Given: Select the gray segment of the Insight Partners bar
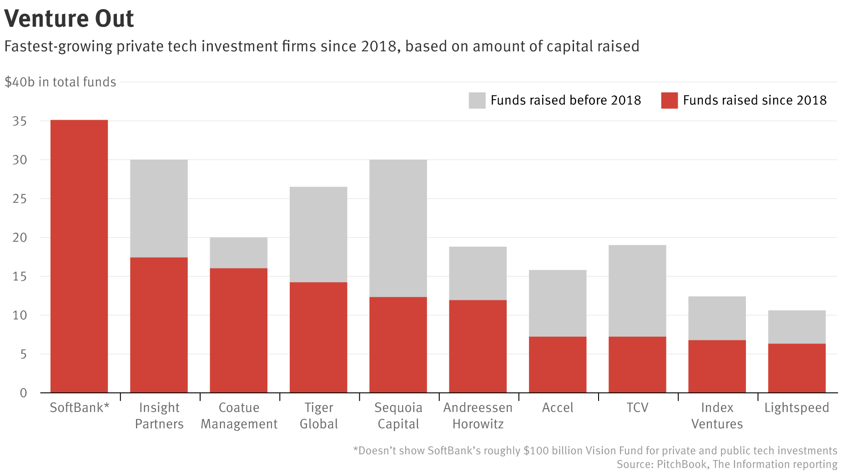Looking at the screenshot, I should pyautogui.click(x=159, y=208).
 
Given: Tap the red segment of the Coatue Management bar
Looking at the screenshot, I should pyautogui.click(x=238, y=330).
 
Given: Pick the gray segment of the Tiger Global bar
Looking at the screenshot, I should pyautogui.click(x=318, y=234).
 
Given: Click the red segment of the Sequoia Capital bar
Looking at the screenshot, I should pyautogui.click(x=398, y=344).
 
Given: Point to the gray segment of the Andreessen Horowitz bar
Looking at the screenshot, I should pyautogui.click(x=478, y=273).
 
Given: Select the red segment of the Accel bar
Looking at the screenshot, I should pyautogui.click(x=558, y=365).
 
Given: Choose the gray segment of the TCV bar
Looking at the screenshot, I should pyautogui.click(x=637, y=291).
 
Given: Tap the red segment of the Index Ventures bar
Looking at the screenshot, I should pyautogui.click(x=717, y=366).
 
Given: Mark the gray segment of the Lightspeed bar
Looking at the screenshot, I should pyautogui.click(x=797, y=327).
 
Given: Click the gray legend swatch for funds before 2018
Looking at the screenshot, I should pyautogui.click(x=477, y=101).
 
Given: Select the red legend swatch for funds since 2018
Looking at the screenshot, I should pyautogui.click(x=670, y=101).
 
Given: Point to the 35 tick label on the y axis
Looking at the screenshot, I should pyautogui.click(x=20, y=122).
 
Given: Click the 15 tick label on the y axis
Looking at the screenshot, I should pyautogui.click(x=20, y=277).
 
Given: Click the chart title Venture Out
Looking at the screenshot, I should pyautogui.click(x=69, y=19).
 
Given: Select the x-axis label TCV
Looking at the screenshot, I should pyautogui.click(x=637, y=408).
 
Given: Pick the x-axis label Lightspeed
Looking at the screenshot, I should pyautogui.click(x=797, y=408).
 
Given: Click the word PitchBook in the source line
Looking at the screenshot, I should pyautogui.click(x=682, y=465).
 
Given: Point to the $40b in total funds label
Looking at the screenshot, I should pyautogui.click(x=60, y=82).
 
